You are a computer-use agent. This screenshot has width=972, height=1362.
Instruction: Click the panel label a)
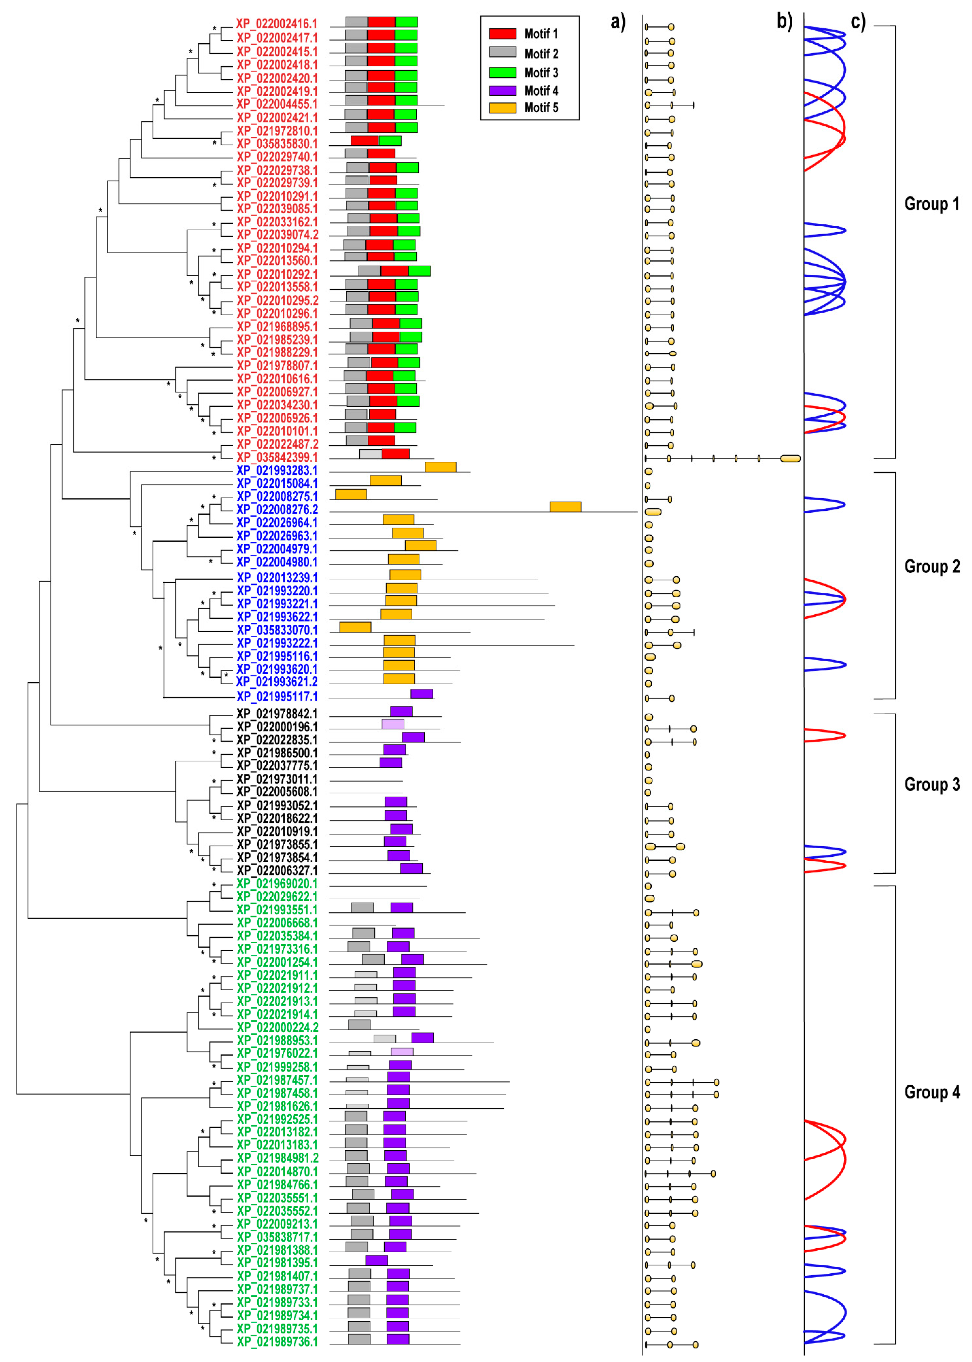pyautogui.click(x=618, y=22)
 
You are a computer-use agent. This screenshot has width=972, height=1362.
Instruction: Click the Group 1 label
pyautogui.click(x=931, y=204)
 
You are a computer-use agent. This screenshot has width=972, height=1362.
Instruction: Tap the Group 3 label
pyautogui.click(x=931, y=784)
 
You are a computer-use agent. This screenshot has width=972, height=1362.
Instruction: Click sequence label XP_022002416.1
pyautogui.click(x=277, y=24)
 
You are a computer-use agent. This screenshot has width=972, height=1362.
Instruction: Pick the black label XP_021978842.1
pyautogui.click(x=277, y=714)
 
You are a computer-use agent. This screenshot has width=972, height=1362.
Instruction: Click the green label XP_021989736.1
pyautogui.click(x=277, y=1342)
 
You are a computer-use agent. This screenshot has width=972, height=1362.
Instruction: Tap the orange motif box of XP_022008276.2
pyautogui.click(x=565, y=507)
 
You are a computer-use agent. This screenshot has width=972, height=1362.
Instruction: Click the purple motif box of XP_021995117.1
pyautogui.click(x=421, y=694)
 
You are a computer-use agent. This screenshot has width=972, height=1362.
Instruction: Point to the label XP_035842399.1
pyautogui.click(x=277, y=457)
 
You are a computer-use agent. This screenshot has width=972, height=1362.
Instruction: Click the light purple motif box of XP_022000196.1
pyautogui.click(x=393, y=724)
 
